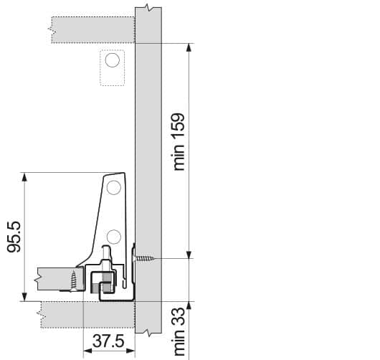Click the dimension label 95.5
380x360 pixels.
tap(14, 237)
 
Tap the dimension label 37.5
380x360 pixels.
tap(108, 341)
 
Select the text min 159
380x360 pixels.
tap(179, 142)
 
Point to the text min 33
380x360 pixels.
tap(179, 331)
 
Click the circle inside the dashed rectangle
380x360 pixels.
tap(112, 60)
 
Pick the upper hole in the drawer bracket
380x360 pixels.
tap(114, 187)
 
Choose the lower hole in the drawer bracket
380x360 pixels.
tap(114, 237)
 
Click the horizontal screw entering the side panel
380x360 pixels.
tap(144, 258)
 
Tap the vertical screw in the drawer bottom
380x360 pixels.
tap(73, 280)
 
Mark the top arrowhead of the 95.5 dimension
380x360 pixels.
tap(24, 177)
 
